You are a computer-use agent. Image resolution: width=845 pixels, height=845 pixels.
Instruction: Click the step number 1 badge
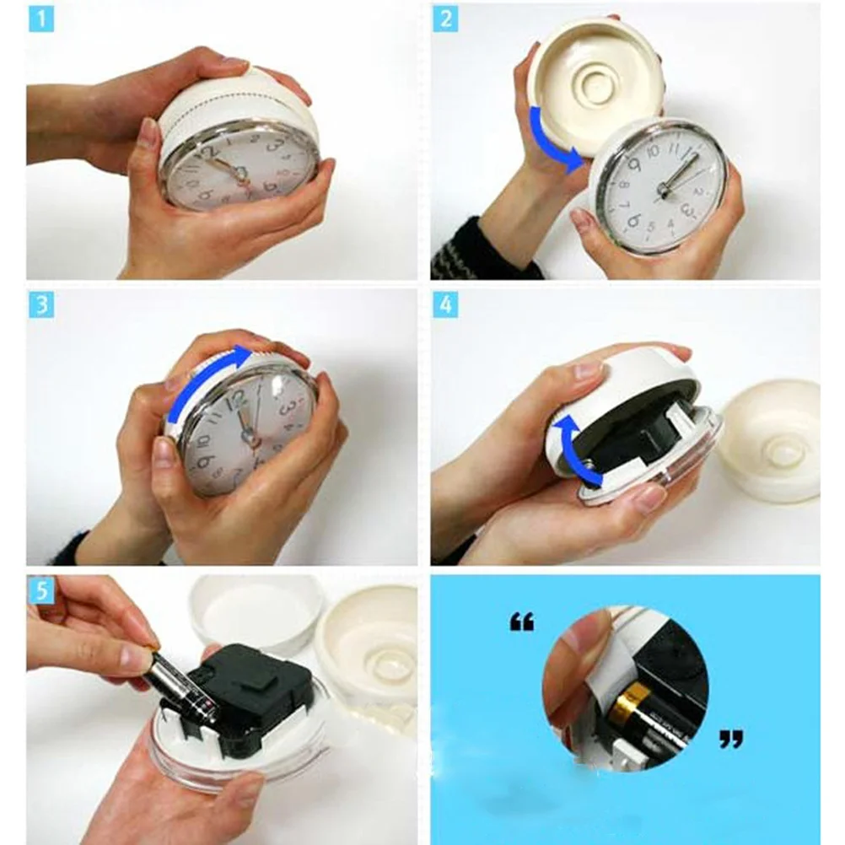click(x=40, y=18)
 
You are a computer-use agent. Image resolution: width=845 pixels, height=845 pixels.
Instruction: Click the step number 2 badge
click(x=445, y=18)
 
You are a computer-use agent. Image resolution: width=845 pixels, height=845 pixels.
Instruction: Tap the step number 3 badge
click(x=40, y=304)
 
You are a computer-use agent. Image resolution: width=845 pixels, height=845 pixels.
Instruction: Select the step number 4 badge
click(x=445, y=304)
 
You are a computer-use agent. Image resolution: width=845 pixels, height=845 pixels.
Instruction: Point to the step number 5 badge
click(x=40, y=590)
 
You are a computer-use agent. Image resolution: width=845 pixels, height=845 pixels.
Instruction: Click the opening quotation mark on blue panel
click(x=522, y=624)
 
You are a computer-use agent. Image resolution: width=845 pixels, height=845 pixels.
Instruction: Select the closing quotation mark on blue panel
click(x=730, y=740)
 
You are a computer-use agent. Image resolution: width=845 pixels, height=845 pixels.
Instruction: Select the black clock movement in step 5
click(x=245, y=692)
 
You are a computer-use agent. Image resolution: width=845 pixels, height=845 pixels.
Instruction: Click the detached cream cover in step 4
click(x=772, y=439)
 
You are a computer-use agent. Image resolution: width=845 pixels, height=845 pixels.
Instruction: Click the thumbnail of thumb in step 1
click(x=149, y=132)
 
